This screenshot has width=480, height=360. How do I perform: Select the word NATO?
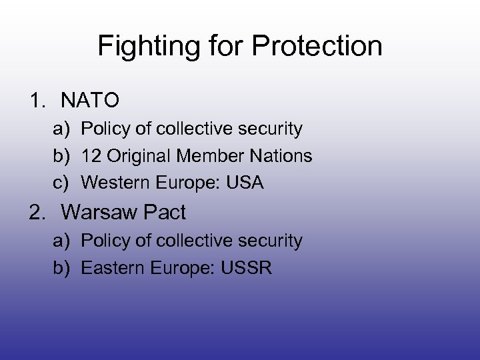point(90,101)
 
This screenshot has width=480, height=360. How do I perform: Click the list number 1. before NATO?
point(39,101)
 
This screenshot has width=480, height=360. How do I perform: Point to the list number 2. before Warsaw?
point(39,213)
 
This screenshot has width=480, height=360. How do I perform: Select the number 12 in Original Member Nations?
point(90,156)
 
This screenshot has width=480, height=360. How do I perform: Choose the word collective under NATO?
point(199,129)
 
